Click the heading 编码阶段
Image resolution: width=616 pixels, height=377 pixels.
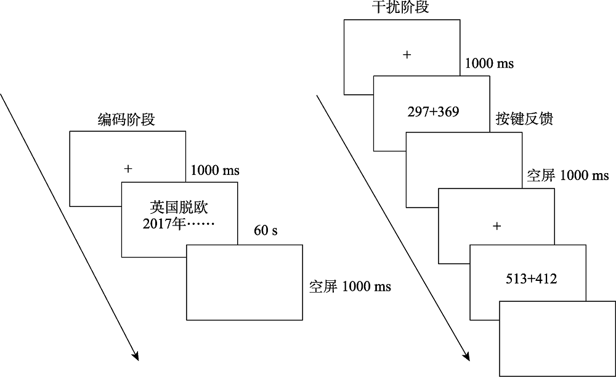click(126, 120)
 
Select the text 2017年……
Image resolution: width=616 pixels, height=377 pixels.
click(179, 223)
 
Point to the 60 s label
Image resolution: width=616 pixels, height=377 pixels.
click(265, 231)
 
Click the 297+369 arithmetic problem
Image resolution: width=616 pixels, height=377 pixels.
click(433, 111)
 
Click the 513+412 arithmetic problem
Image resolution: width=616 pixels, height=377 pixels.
click(530, 279)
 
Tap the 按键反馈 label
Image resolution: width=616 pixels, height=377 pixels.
click(524, 119)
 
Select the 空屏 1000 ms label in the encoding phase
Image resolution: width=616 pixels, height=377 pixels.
click(350, 287)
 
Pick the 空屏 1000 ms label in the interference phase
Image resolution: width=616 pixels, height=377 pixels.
click(568, 176)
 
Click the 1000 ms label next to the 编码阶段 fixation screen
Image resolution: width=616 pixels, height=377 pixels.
click(215, 170)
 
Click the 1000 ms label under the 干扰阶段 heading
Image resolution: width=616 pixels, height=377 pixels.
click(489, 63)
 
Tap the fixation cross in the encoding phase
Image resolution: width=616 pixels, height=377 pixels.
click(128, 168)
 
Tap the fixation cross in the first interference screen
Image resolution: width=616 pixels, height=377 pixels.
click(407, 55)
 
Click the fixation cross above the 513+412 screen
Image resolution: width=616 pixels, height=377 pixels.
click(497, 226)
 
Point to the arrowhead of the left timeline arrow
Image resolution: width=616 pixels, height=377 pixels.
click(136, 357)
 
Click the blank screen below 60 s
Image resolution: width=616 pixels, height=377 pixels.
click(245, 290)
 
